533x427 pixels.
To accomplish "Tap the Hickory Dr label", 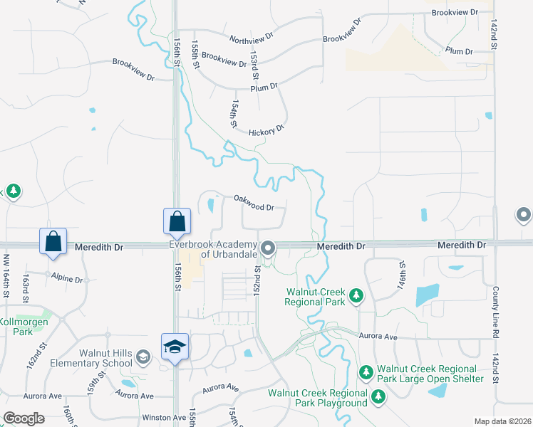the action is pos(266,130).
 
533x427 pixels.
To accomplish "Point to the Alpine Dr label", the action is pos(67,278).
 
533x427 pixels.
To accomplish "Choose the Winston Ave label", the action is pos(165,418).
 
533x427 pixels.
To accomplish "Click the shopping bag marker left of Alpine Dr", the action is pos(53,241).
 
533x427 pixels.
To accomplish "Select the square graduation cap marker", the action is pos(175,347).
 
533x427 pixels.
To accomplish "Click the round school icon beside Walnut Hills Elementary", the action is pos(143,357).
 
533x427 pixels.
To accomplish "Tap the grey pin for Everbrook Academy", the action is pos(268,248).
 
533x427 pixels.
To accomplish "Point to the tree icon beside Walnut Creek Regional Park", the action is pos(356,295).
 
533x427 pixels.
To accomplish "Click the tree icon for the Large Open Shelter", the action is pos(366,371).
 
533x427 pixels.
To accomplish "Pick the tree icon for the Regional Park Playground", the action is pos(378,396).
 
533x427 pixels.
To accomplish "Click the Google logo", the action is pos(24,418).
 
